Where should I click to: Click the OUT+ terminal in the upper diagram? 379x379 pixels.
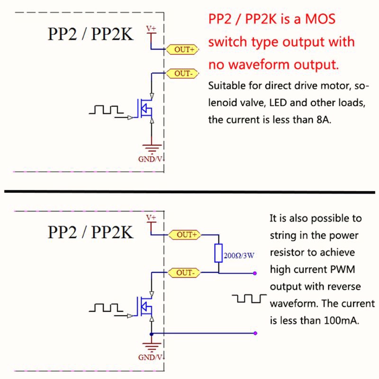182,49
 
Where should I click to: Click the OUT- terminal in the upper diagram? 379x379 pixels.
182,73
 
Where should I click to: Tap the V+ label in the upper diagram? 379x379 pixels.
151,29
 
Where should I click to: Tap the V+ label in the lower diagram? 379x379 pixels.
151,217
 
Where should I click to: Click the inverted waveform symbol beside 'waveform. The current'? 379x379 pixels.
249,299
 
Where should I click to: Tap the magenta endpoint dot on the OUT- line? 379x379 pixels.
255,273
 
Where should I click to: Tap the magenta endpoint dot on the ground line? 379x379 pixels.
255,333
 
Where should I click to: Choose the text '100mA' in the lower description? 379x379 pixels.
340,320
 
